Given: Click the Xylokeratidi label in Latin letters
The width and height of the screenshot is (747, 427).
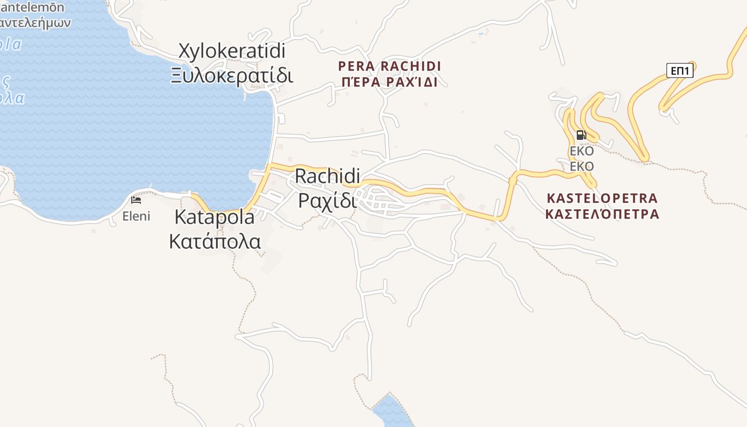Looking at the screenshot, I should tap(232, 51).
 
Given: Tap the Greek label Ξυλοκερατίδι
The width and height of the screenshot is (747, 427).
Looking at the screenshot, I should tap(232, 75).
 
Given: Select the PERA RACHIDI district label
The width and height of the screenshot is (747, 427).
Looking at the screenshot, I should tap(390, 66).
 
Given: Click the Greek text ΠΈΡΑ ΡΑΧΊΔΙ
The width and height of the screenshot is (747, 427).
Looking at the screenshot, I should tap(390, 82).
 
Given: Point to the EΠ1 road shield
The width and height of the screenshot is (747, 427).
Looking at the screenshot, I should tap(679, 70).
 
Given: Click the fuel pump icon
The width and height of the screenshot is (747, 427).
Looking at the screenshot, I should tap(581, 135).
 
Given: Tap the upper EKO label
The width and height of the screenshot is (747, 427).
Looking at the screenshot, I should tap(582, 151).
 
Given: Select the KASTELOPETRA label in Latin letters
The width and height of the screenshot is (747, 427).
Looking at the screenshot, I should tap(602, 199).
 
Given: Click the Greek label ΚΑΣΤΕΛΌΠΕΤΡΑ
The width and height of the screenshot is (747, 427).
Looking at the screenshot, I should tap(602, 215).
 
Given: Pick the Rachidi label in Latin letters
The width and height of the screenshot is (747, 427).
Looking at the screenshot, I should tap(328, 176).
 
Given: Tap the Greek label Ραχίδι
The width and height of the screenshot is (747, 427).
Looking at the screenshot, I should tap(327, 201).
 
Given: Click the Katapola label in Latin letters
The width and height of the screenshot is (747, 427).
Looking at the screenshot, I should tap(214, 217).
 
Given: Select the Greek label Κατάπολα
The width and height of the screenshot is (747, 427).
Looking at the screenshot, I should tap(214, 241).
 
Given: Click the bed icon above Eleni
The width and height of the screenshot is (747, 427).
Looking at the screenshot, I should tap(136, 200).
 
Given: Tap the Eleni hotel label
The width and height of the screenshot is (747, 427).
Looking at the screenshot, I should tap(136, 216).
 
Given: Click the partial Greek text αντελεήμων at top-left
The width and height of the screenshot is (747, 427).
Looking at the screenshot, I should tap(35, 23).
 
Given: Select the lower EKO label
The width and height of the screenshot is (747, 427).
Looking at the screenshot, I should tap(582, 167).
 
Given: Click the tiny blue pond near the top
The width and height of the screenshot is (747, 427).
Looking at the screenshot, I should tap(481, 34).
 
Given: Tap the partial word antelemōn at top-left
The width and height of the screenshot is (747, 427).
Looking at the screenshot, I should tap(32, 7).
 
